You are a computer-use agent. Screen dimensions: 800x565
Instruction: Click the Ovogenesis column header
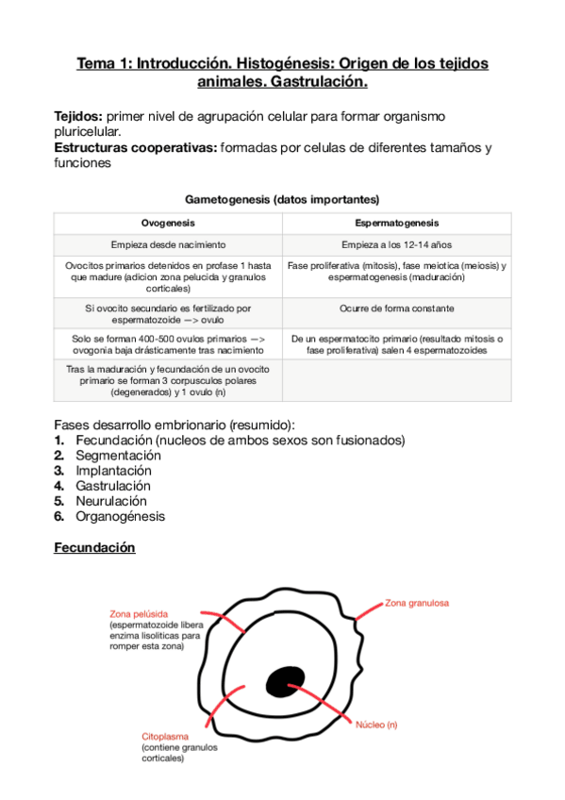point(168,224)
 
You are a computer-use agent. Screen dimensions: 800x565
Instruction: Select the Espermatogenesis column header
point(397,224)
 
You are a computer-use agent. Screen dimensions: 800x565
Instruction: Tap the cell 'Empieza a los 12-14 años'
point(397,245)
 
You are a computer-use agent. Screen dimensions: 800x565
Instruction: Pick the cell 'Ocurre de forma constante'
point(397,308)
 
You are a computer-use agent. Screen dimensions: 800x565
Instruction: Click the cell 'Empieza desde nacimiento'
point(168,245)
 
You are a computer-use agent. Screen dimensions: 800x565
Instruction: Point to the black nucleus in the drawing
point(283,681)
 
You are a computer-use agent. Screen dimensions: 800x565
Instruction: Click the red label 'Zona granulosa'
point(416,602)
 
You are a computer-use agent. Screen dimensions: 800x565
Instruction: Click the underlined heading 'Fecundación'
point(94,547)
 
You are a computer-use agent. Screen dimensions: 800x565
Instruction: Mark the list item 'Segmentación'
point(118,455)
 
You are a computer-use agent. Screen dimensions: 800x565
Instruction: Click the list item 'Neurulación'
point(111,501)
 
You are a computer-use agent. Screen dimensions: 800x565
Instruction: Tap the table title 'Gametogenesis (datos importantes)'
point(282,200)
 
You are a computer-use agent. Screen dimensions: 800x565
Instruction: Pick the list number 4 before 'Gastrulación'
point(58,486)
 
